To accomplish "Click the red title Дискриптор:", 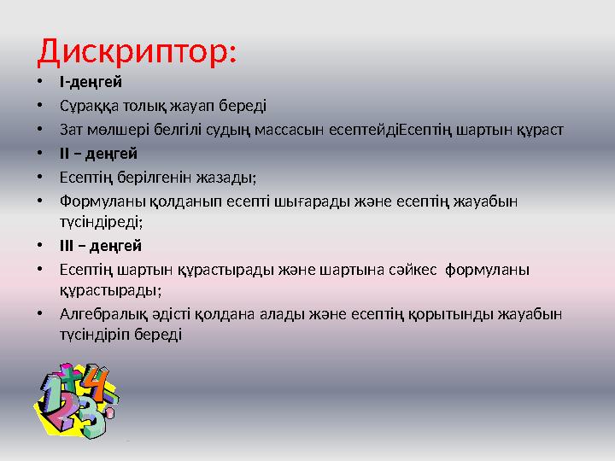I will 137,50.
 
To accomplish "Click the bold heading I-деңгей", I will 91,83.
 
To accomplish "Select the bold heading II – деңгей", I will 97,154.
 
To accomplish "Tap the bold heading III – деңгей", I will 100,246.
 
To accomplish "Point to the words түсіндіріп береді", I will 120,336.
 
